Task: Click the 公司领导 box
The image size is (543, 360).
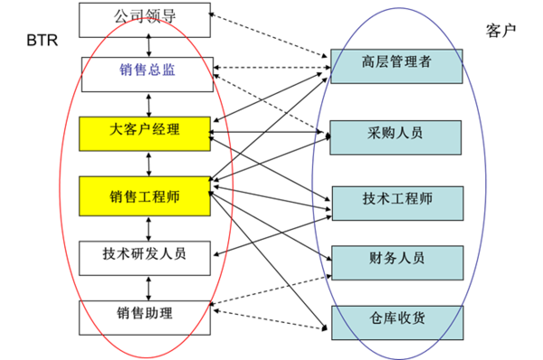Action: coord(145,20)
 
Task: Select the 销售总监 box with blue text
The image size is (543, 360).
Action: coord(148,74)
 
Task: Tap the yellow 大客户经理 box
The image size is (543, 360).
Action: coord(145,134)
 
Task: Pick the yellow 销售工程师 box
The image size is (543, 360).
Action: coord(145,196)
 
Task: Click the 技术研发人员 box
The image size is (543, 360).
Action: coord(145,258)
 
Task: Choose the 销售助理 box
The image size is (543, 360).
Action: coord(145,317)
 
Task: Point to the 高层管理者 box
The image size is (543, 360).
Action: coord(396,66)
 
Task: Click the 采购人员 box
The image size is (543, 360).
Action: coord(395,137)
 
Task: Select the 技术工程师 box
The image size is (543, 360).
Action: coord(397,204)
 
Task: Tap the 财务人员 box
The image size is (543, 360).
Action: coord(397,263)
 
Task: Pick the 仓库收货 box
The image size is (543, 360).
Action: coord(397,323)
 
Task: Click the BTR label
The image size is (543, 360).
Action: coord(43,41)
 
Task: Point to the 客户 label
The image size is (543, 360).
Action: coord(500,31)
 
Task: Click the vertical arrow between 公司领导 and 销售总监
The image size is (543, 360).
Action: coord(149,45)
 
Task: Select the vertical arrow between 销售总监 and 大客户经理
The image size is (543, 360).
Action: coord(149,105)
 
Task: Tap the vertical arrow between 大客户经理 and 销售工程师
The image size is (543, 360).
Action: coord(149,165)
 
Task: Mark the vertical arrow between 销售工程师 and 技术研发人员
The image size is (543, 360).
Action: coord(149,229)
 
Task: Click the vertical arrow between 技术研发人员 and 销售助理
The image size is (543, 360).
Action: coord(149,289)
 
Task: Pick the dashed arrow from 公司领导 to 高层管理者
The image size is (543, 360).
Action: coord(268,35)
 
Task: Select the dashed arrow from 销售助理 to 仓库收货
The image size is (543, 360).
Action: coord(270,319)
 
